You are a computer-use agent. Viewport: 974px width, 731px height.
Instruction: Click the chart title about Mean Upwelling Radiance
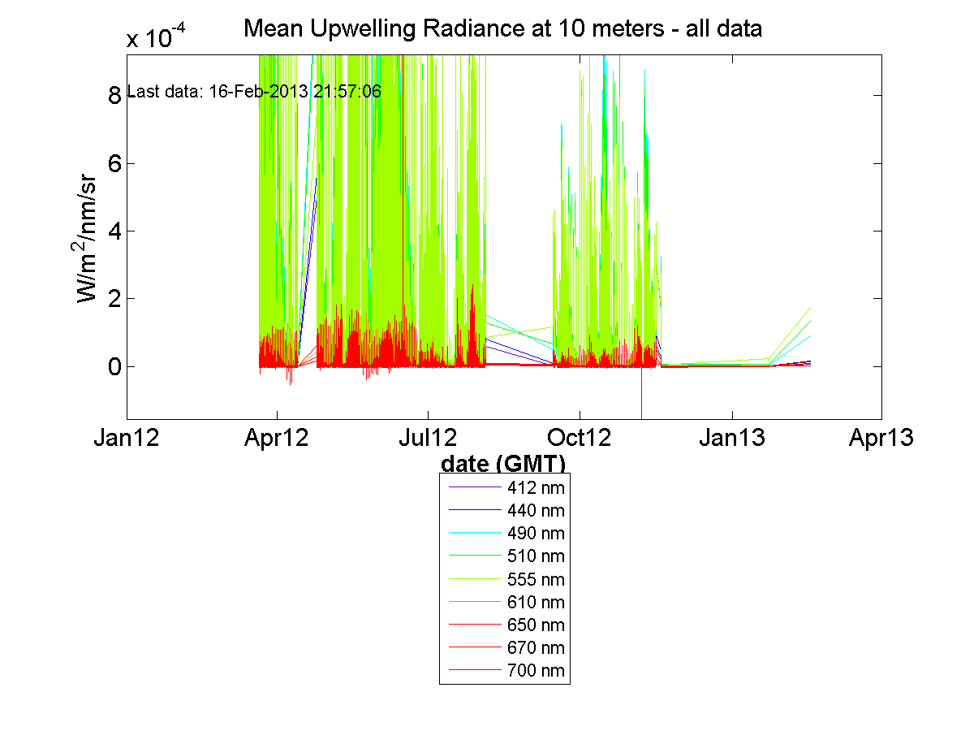click(503, 30)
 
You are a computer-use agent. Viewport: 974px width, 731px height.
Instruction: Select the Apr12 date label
click(278, 439)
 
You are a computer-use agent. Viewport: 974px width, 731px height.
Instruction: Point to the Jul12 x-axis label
click(429, 439)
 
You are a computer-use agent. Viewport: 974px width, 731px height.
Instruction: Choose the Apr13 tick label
click(881, 439)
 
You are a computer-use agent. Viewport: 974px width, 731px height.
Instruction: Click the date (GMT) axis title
click(503, 464)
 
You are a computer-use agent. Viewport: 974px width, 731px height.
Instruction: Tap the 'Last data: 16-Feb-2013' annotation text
click(255, 91)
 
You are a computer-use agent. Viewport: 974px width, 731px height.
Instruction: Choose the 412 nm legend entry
click(535, 488)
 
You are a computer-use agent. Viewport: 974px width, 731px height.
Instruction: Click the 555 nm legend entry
click(535, 580)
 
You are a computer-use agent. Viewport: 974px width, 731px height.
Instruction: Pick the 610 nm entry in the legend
click(535, 603)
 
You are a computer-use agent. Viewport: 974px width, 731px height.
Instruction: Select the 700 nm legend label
click(535, 671)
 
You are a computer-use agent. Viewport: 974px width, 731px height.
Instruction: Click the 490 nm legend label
click(535, 534)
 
